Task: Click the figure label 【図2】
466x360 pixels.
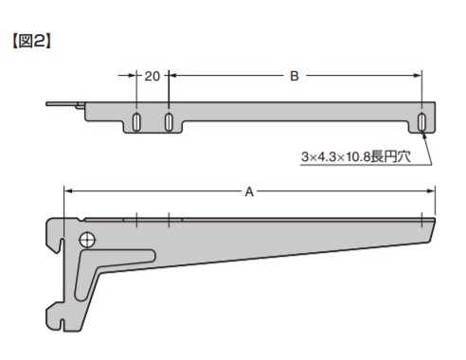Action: pyautogui.click(x=31, y=41)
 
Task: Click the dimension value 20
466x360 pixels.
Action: pyautogui.click(x=152, y=76)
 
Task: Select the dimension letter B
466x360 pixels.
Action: pyautogui.click(x=295, y=76)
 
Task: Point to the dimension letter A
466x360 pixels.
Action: pyautogui.click(x=249, y=191)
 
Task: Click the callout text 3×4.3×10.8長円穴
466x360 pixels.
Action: pyautogui.click(x=356, y=156)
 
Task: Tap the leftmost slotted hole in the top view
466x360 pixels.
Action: pyautogui.click(x=136, y=122)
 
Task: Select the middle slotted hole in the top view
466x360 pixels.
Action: pyautogui.click(x=169, y=122)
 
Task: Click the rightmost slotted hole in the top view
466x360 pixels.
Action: pyautogui.click(x=421, y=122)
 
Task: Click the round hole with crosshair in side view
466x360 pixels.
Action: pyautogui.click(x=87, y=241)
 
